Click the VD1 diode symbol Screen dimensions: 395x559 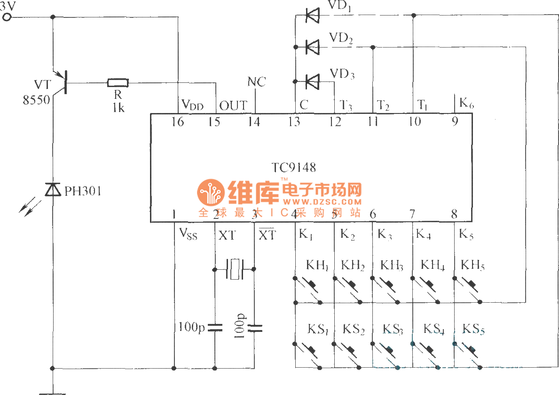coord(312,16)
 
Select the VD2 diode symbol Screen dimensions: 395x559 coord(312,47)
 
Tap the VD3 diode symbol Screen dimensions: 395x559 coord(312,81)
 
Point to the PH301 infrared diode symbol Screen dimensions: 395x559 coord(53,190)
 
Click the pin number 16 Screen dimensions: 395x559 coord(178,121)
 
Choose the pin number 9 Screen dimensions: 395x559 coord(455,121)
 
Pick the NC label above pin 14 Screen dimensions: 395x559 coord(256,82)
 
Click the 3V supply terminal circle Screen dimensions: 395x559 coord(7,17)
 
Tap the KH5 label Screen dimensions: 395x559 coord(472,265)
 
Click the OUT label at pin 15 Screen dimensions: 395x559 coord(233,105)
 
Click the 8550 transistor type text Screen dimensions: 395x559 coord(36,99)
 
